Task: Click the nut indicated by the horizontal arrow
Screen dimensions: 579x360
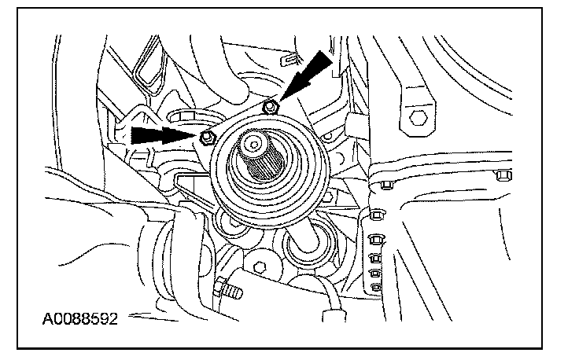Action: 206,138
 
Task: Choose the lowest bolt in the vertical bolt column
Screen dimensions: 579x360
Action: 376,287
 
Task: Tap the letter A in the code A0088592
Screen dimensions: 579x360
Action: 49,321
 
